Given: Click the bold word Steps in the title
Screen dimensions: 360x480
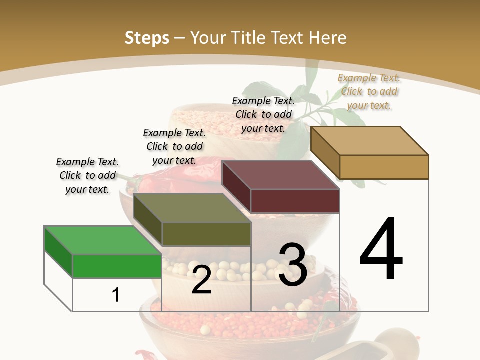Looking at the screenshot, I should (147, 37).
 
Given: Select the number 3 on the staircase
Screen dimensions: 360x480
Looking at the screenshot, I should (292, 265).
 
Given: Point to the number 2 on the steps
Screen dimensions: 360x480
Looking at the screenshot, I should (201, 280).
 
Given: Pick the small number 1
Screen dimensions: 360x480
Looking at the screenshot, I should (115, 295).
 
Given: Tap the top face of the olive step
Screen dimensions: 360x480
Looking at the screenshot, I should (192, 208).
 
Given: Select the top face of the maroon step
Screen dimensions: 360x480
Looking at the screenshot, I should (280, 175).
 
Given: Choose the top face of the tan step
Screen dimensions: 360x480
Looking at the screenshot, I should (370, 141).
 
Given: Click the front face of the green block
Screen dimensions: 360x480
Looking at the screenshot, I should (117, 266).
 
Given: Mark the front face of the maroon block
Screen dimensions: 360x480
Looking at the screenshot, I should (295, 201).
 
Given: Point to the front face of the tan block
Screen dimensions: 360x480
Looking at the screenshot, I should (384, 167).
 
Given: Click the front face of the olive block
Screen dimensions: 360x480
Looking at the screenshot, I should (206, 234).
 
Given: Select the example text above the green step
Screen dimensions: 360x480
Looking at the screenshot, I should (87, 175).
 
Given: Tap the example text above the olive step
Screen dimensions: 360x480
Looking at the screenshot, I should (174, 146).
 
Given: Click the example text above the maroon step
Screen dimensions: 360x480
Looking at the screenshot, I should (263, 114).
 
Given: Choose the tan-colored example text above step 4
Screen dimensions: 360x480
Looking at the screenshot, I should (369, 91).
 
